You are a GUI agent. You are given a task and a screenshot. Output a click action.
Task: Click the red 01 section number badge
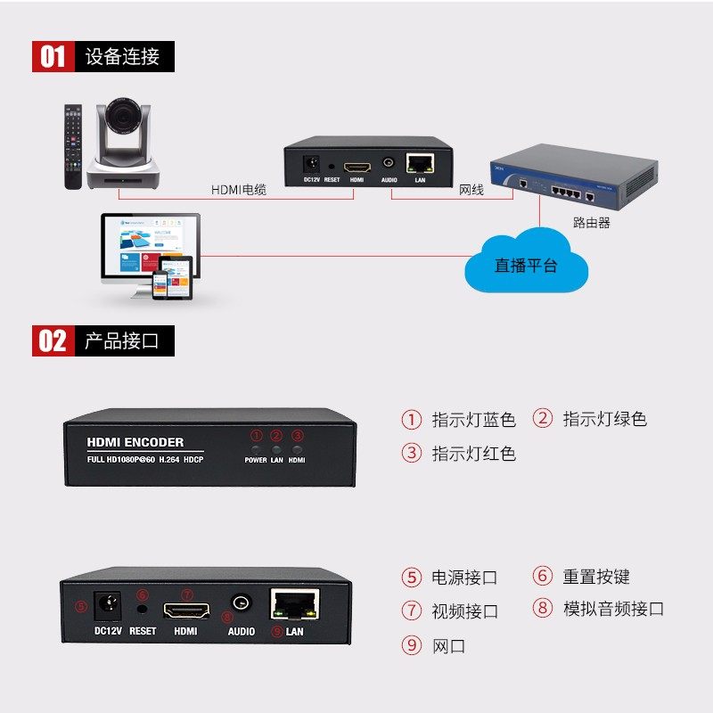coord(53,57)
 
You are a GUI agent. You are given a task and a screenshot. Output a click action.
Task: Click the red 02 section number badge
coord(53,340)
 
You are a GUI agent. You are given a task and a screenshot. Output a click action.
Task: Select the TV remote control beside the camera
coord(71,147)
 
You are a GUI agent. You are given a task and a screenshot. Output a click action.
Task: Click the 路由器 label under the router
coord(592,223)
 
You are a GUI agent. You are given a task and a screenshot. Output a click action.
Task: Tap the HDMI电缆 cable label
coord(239,190)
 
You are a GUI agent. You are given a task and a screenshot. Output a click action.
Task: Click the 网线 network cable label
coord(471,190)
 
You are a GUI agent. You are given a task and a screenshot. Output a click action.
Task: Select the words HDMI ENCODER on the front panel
coord(135,442)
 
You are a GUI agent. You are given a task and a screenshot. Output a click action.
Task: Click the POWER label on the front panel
coord(256,460)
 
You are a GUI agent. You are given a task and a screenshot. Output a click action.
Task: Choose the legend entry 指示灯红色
coord(473,453)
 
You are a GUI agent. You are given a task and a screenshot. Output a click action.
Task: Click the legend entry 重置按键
coord(596,577)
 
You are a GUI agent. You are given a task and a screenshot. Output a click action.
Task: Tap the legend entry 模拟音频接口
coord(613,609)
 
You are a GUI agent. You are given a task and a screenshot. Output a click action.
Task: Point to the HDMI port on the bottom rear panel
coord(186,611)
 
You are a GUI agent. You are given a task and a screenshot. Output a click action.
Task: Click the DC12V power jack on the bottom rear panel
coord(108,606)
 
